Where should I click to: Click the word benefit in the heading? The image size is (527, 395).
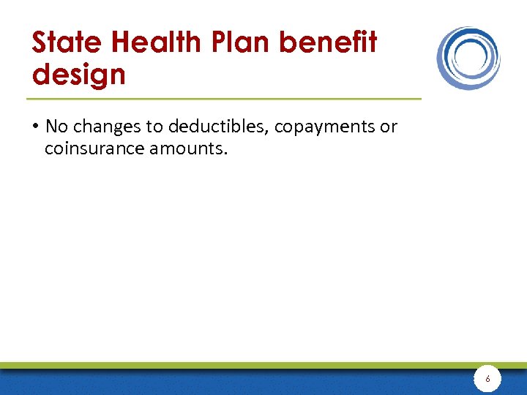(x=329, y=43)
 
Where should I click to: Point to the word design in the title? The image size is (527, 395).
(x=78, y=74)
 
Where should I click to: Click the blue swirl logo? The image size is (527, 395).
(x=468, y=58)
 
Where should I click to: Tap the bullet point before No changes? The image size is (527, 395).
(x=35, y=127)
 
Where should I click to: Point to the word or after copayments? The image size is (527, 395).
(x=388, y=127)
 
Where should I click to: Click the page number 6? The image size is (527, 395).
(x=488, y=380)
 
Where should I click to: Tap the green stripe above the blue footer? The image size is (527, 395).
(x=220, y=364)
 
